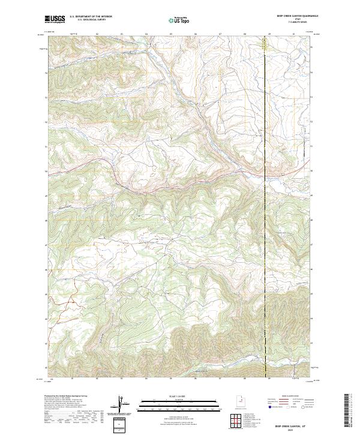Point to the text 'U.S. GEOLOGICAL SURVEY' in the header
click(88, 21)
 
